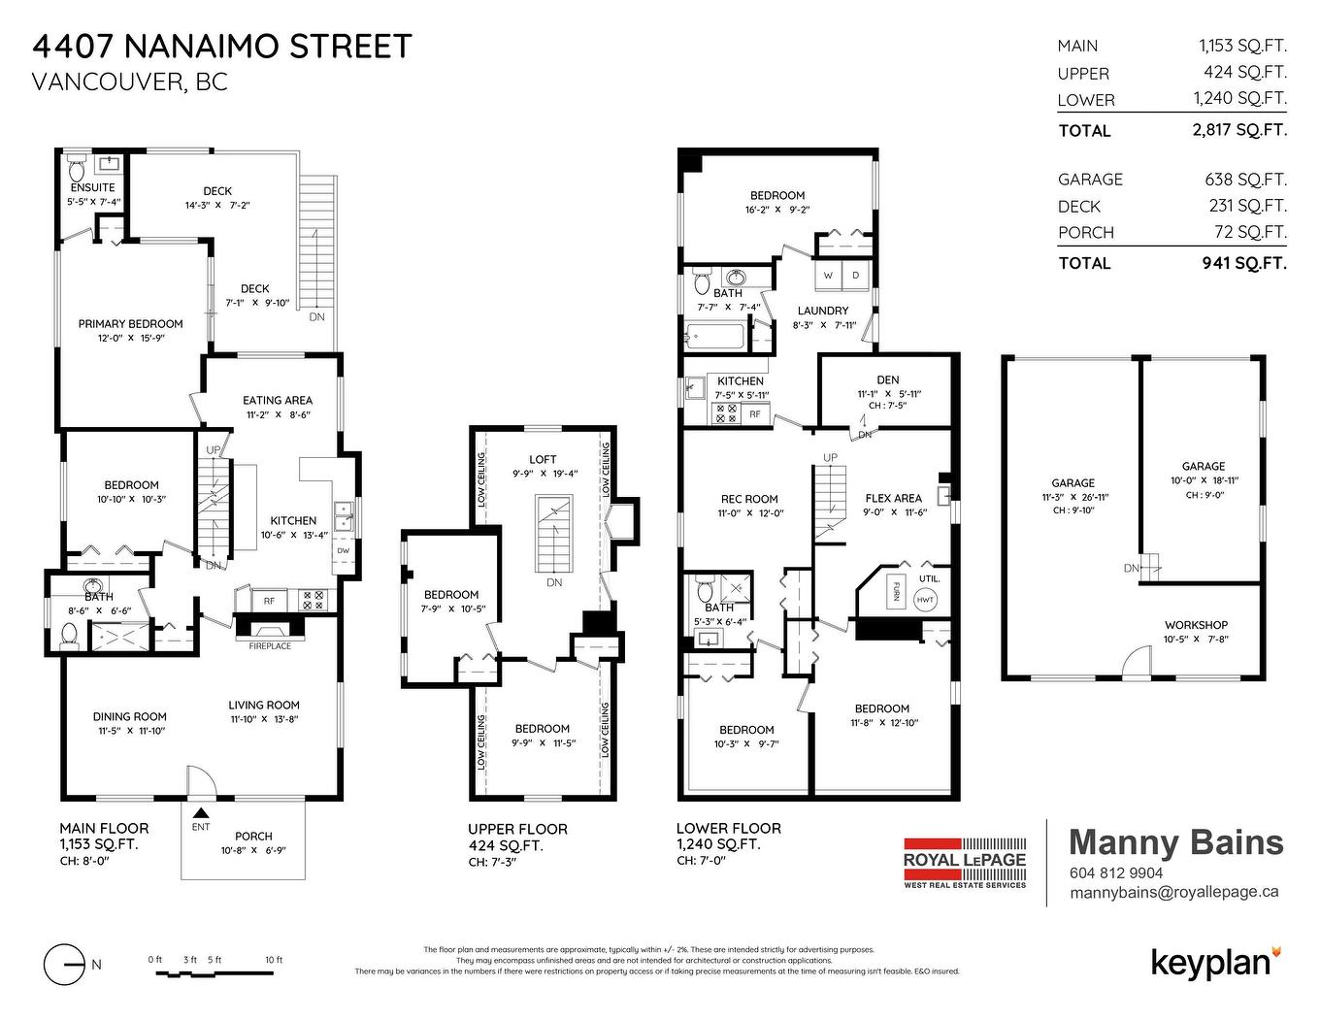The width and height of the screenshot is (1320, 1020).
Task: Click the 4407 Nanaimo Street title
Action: pyautogui.click(x=222, y=47)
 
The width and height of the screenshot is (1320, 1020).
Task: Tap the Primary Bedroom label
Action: pyautogui.click(x=130, y=324)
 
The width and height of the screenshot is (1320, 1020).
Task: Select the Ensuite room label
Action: pyautogui.click(x=92, y=187)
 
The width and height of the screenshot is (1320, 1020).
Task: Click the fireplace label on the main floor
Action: pyautogui.click(x=270, y=646)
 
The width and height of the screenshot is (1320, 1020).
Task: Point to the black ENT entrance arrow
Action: pyautogui.click(x=201, y=813)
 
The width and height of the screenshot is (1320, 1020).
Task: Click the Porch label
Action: pyautogui.click(x=253, y=836)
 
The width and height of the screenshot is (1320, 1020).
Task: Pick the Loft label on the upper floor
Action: pyautogui.click(x=543, y=459)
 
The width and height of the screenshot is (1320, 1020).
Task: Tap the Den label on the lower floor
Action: pyautogui.click(x=887, y=379)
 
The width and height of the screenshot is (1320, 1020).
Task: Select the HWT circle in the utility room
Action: pyautogui.click(x=926, y=601)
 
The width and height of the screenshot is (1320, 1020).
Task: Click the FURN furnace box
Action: pyautogui.click(x=894, y=591)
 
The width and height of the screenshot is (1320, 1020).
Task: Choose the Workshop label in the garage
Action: pyautogui.click(x=1196, y=625)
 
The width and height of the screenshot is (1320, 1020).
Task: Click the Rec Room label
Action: pyautogui.click(x=749, y=499)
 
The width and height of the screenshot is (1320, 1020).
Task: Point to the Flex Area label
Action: pyautogui.click(x=893, y=498)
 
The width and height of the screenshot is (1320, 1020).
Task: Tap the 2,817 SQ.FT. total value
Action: pyautogui.click(x=1239, y=130)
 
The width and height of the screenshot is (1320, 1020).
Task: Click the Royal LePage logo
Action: pyautogui.click(x=964, y=862)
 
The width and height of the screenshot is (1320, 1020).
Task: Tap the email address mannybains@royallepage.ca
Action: pyautogui.click(x=1173, y=893)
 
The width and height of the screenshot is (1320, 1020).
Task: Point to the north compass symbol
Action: pyautogui.click(x=65, y=964)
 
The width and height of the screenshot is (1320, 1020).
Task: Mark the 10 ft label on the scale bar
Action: pyautogui.click(x=274, y=960)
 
